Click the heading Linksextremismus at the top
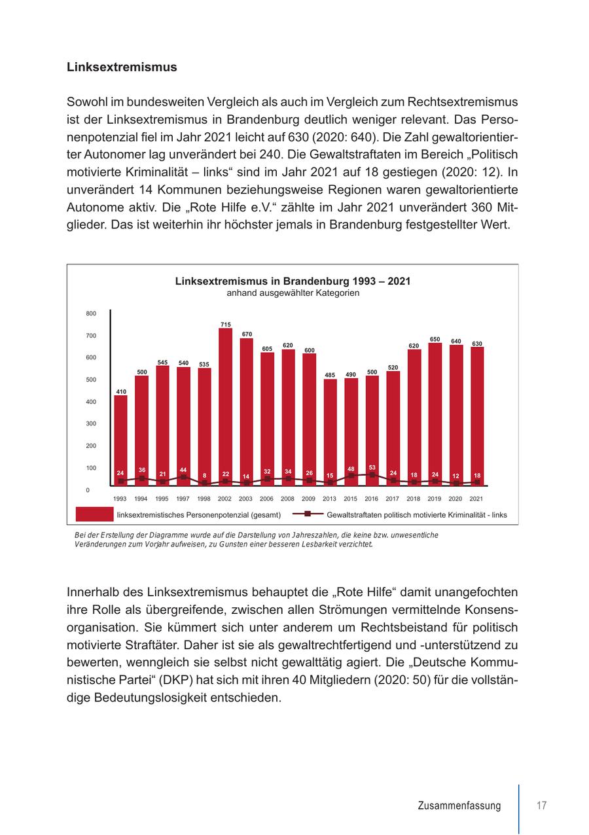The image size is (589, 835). [122, 67]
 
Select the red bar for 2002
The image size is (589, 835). [225, 406]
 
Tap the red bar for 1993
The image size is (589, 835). [120, 438]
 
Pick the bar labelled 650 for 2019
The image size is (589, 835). [435, 412]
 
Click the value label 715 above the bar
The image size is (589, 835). [225, 325]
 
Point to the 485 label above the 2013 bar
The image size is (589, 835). [330, 375]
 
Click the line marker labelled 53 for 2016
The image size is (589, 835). [372, 475]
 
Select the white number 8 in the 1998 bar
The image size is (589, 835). [204, 476]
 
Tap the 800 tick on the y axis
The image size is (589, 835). [91, 313]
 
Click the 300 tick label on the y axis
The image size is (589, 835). [91, 423]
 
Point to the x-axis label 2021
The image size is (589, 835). [477, 499]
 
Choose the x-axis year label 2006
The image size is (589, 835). [266, 499]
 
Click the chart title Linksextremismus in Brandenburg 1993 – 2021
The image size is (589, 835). [293, 281]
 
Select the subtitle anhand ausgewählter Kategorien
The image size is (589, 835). [293, 293]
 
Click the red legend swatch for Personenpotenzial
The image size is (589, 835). [94, 514]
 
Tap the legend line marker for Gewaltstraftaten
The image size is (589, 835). [308, 514]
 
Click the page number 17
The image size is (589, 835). [541, 806]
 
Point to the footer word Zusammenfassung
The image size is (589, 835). [459, 806]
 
